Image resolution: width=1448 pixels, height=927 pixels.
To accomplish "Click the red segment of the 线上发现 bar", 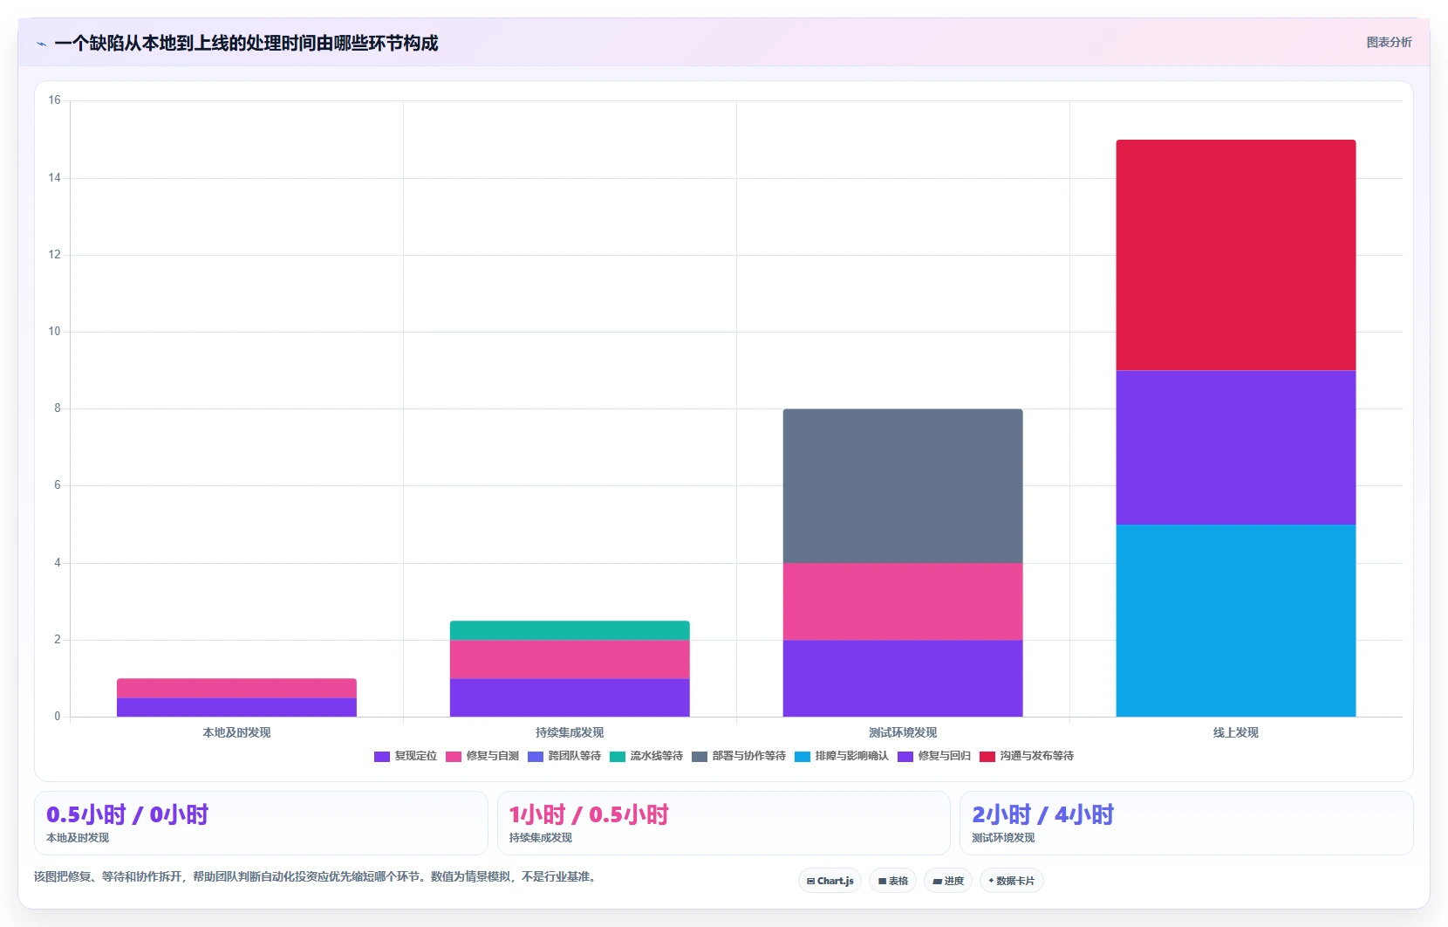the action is pos(1235,255).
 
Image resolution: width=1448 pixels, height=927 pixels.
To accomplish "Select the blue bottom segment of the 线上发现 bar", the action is pos(1235,621).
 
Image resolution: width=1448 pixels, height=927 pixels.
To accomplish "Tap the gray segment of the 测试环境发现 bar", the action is pos(903,486).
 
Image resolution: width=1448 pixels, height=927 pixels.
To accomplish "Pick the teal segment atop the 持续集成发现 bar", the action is pos(570,630).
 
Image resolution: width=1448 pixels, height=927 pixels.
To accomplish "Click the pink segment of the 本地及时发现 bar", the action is pos(236,689).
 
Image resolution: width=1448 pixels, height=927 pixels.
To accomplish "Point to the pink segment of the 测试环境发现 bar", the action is pos(903,601).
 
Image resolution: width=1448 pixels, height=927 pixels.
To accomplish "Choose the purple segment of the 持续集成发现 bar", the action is pos(570,697).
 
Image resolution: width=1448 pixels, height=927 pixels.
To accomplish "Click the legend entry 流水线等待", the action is pos(645,756).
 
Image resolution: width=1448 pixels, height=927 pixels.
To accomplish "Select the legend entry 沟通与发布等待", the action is pos(1027,756).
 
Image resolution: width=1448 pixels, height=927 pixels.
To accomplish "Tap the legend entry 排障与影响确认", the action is pos(842,756).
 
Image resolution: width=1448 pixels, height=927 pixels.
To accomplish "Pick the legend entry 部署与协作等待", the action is pos(739,756).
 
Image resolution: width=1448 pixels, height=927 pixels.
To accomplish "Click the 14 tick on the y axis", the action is pos(54,177).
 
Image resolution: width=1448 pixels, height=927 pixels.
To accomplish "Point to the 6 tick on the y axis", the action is pos(58,485).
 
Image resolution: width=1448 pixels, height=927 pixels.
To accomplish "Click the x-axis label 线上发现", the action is pos(1235,732).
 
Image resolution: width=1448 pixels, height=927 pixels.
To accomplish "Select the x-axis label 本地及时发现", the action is pos(236,732).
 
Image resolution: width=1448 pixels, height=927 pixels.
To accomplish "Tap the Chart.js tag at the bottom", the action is pos(830,881).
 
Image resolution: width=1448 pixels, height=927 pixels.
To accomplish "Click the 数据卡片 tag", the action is pos(1012,881).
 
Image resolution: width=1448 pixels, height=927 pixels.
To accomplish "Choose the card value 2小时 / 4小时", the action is pos(1042,814).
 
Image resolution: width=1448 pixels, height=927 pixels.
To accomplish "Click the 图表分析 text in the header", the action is pos(1389,42).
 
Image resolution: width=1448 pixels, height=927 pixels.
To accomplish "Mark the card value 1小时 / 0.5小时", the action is pos(588,814).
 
